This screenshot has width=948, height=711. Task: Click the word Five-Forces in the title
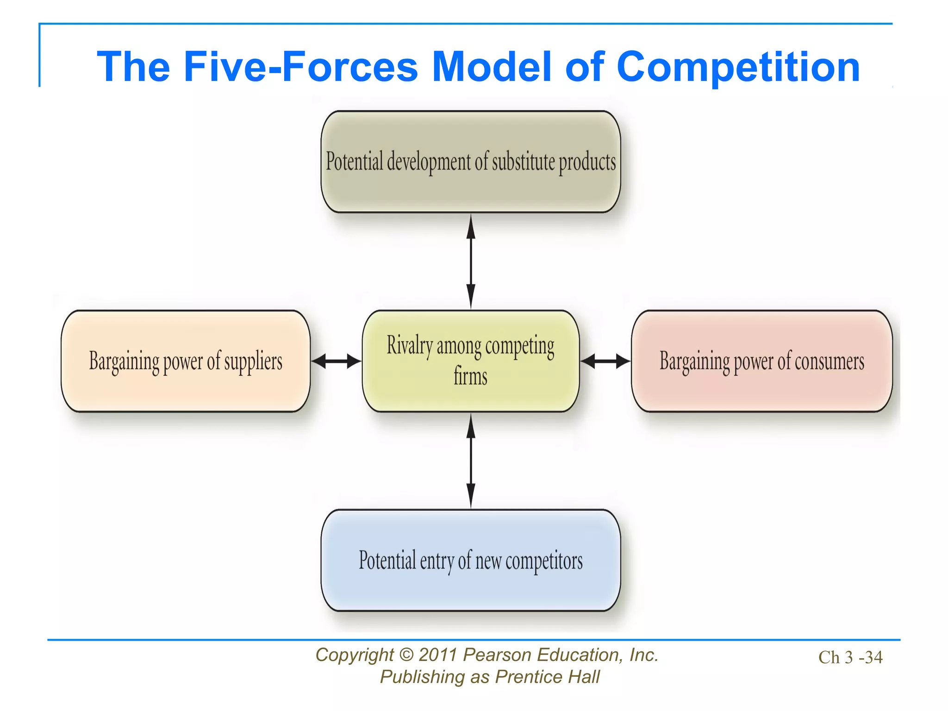click(x=301, y=67)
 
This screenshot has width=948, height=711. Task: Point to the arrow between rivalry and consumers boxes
click(x=605, y=361)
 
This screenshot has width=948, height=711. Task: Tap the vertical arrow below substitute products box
click(x=471, y=261)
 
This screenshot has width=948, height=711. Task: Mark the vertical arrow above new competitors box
click(x=471, y=461)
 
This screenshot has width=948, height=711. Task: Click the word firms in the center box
click(x=470, y=376)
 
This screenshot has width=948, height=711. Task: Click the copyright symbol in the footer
click(x=406, y=655)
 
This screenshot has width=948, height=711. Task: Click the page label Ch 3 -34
click(x=850, y=657)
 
